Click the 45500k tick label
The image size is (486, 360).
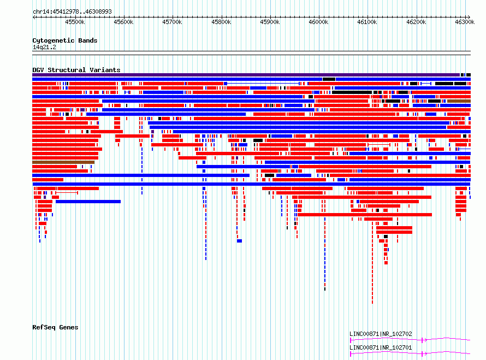75,22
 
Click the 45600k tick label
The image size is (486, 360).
123,22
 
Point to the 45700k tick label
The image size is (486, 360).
172,22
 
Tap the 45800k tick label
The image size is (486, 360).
221,22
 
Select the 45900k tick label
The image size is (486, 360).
270,22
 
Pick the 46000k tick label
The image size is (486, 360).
318,22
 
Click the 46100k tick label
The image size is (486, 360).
367,22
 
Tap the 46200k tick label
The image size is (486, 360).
416,22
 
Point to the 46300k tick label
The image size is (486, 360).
465,22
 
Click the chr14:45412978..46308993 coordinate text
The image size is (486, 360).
72,12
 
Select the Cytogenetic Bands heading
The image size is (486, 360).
65,40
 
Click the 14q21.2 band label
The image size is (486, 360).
44,47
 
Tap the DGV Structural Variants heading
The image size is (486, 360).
76,70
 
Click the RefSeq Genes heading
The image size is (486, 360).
55,327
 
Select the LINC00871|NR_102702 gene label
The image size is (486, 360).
381,334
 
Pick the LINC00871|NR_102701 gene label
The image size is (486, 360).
381,347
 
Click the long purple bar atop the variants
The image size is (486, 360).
246,75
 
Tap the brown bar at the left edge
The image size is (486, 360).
63,162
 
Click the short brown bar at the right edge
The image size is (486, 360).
459,101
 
